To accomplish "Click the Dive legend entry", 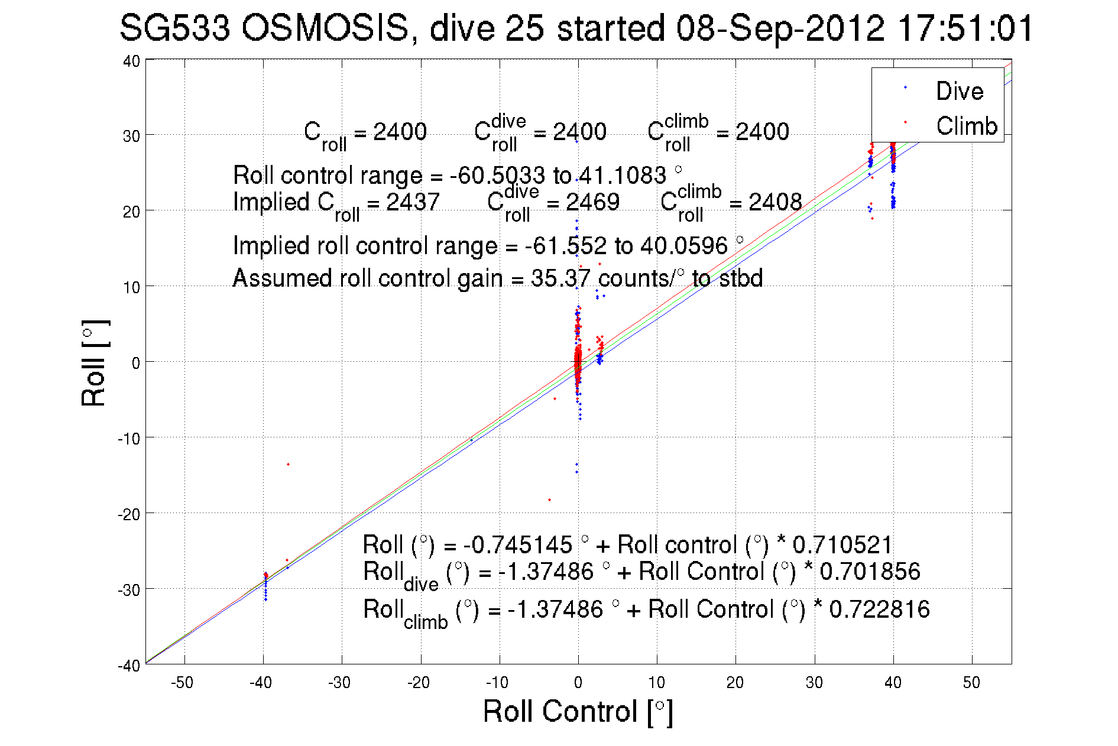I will [959, 91].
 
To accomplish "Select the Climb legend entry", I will [966, 126].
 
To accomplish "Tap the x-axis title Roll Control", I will [577, 711].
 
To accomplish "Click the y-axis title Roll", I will [95, 363].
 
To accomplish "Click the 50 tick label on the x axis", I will [971, 683].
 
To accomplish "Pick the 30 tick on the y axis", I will [131, 135].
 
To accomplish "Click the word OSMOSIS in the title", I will [325, 28].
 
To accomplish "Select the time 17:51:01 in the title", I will [965, 28].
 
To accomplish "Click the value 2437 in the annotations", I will [412, 202].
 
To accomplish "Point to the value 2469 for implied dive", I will [592, 202].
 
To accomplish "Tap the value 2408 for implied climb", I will [775, 202].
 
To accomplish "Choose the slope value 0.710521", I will [842, 545].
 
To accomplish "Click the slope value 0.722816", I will [879, 609].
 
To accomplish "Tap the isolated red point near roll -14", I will [288, 465].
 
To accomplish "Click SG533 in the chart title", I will [174, 28].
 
